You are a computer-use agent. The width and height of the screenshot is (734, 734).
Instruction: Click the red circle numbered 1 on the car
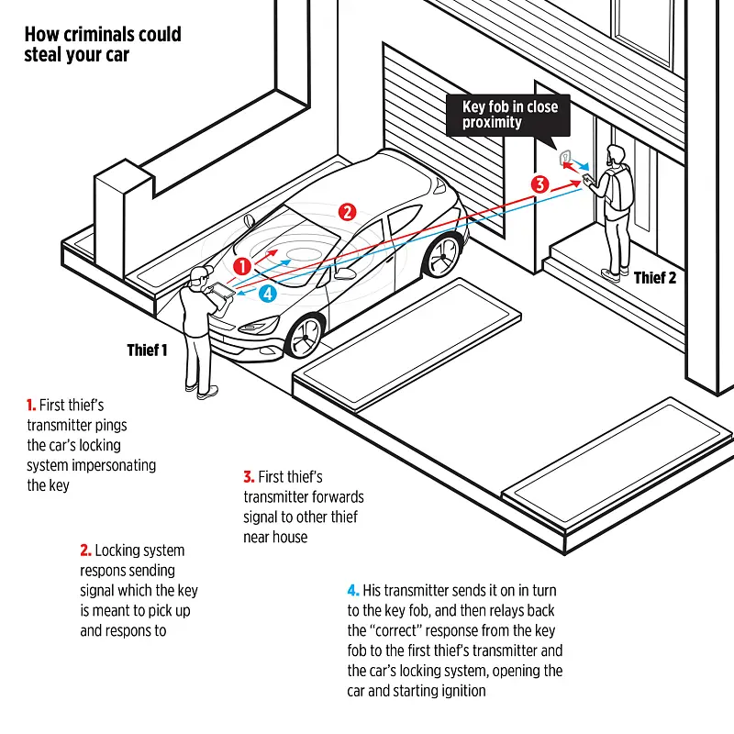click(242, 266)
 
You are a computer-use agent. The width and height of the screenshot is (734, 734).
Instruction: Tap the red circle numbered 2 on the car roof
click(347, 212)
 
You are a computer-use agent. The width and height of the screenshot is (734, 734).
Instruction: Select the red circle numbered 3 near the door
click(541, 183)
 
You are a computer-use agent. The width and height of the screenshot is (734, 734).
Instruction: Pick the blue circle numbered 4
click(267, 294)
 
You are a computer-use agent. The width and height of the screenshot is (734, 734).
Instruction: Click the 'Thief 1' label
click(147, 350)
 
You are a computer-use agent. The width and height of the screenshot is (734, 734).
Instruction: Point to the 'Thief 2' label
click(655, 278)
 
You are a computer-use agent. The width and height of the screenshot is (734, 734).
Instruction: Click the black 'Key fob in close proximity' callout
click(509, 115)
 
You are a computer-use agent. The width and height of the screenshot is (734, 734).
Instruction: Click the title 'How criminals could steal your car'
click(103, 44)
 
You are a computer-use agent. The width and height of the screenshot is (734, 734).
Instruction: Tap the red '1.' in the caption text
click(32, 405)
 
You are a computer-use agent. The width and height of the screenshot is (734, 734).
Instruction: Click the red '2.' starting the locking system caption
click(86, 550)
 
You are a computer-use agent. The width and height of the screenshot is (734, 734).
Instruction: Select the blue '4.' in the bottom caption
click(353, 590)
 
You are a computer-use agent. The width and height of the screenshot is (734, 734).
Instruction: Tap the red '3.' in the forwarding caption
click(249, 477)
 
